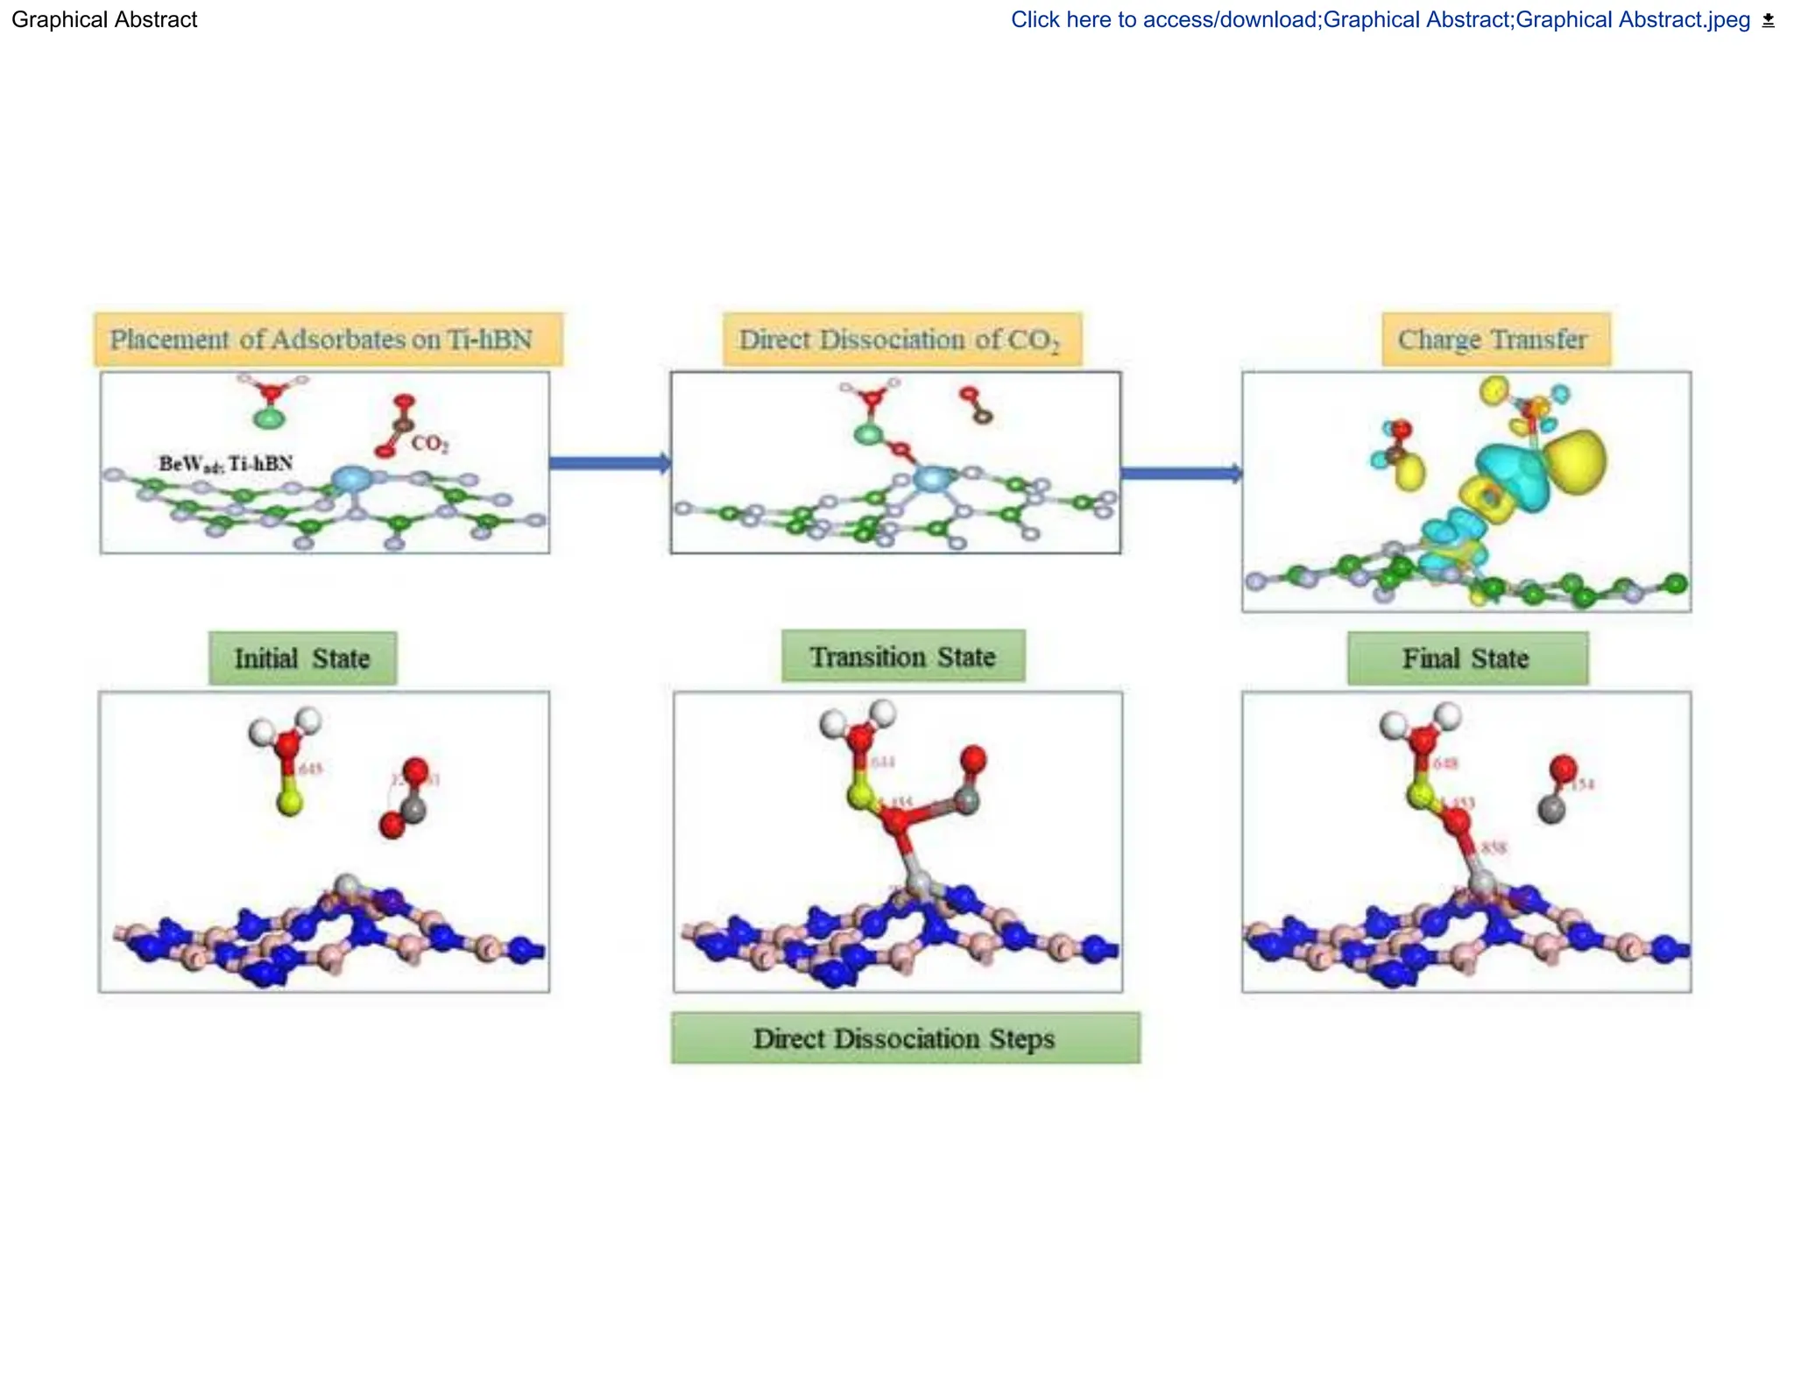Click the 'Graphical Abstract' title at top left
104,19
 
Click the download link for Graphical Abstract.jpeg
1380,19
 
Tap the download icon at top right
1768,20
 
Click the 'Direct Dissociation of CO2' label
901,340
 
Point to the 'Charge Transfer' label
1494,339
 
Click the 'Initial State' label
302,657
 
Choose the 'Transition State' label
902,656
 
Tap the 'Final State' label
1466,657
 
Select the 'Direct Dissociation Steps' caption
905,1038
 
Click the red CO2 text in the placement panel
429,444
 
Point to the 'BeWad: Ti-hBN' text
225,464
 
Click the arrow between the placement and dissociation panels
610,463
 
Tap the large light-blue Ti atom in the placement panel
351,480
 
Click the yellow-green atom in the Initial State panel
289,802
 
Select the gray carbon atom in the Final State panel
1551,809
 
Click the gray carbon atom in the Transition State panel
966,799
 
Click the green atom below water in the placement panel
269,418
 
